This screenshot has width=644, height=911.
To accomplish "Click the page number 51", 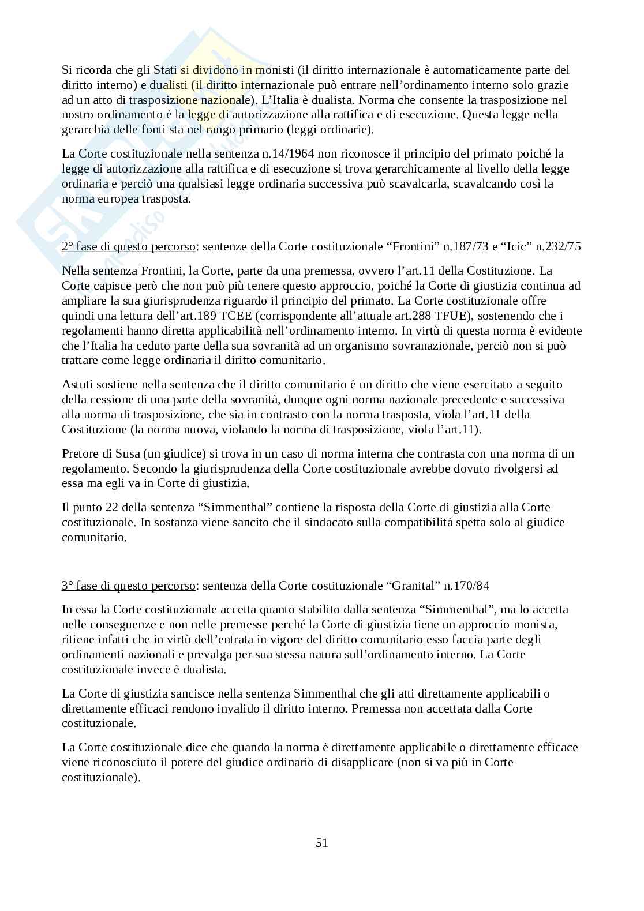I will (x=322, y=842).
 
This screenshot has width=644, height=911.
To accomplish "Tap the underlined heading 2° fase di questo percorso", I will (x=129, y=247).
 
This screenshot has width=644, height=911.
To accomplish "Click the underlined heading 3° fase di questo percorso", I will (x=129, y=586).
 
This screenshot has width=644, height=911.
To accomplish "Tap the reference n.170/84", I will (x=466, y=586).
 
